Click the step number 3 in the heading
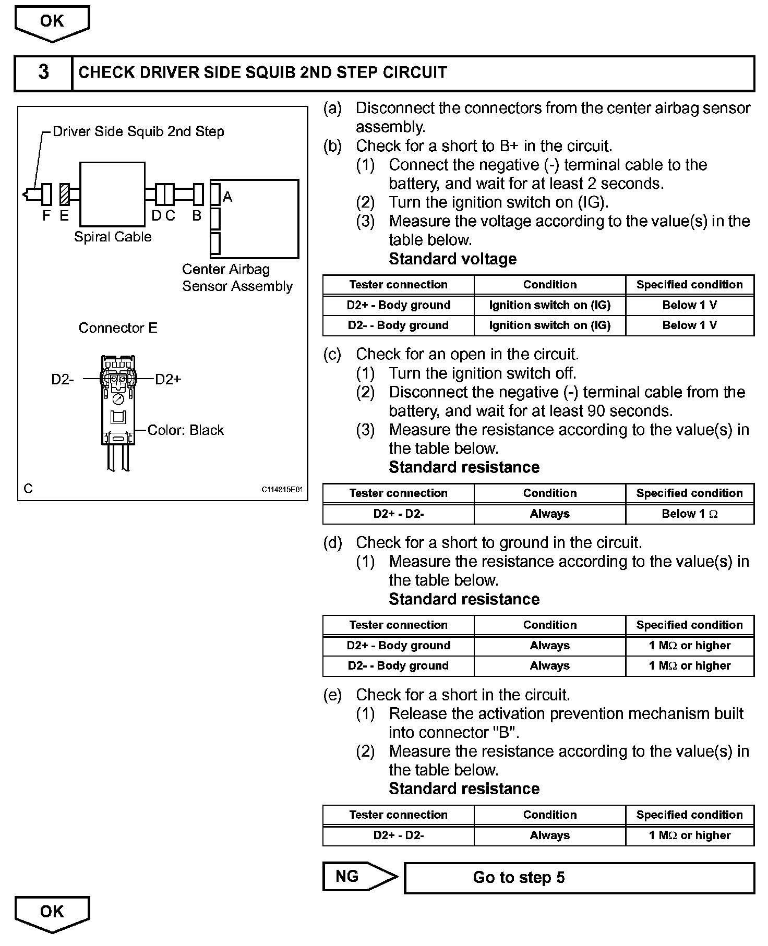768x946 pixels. [43, 72]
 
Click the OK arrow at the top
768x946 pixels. [52, 22]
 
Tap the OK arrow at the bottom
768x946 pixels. [52, 912]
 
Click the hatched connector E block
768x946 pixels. [65, 195]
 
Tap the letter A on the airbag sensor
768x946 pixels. [227, 197]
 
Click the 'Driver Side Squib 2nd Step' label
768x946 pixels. [138, 131]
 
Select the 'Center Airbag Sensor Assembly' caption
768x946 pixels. [237, 277]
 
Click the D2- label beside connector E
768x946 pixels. [63, 379]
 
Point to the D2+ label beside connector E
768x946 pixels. [168, 379]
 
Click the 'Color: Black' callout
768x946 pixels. [185, 430]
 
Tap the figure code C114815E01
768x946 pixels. [282, 490]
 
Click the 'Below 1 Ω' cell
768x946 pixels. [690, 514]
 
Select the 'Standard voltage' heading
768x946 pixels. [453, 259]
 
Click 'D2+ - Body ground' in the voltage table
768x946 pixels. [399, 305]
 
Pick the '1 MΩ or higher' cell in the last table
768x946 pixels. [690, 835]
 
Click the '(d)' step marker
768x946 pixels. [332, 542]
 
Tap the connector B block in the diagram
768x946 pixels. [198, 195]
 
